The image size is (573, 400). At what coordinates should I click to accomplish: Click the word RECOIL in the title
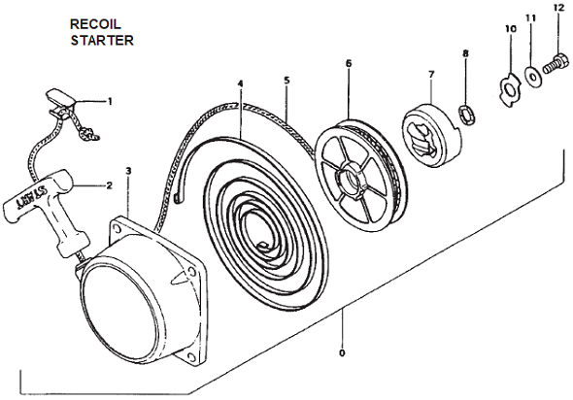tap(95, 24)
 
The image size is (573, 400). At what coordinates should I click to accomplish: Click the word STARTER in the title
tap(102, 40)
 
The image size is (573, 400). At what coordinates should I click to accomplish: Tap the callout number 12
tap(558, 8)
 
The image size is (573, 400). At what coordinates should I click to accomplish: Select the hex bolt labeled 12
tap(556, 64)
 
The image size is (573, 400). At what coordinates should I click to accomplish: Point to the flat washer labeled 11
tap(533, 76)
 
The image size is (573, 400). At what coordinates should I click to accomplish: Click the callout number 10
tap(511, 28)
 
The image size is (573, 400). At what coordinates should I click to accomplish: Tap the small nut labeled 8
tap(467, 115)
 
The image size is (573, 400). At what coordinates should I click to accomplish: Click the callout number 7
tap(431, 74)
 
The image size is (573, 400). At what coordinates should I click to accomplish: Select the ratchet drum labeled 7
tap(432, 134)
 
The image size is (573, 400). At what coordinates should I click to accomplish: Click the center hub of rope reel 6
tap(352, 179)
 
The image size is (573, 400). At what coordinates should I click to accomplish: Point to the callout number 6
tap(349, 63)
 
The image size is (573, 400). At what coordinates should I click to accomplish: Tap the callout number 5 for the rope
tap(286, 81)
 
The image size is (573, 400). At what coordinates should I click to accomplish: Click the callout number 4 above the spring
tap(240, 83)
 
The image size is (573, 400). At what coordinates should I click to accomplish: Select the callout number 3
tap(128, 171)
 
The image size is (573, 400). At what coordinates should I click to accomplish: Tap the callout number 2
tap(110, 185)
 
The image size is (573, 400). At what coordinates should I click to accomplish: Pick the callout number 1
tap(110, 101)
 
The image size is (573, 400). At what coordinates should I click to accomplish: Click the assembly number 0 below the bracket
tap(342, 353)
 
